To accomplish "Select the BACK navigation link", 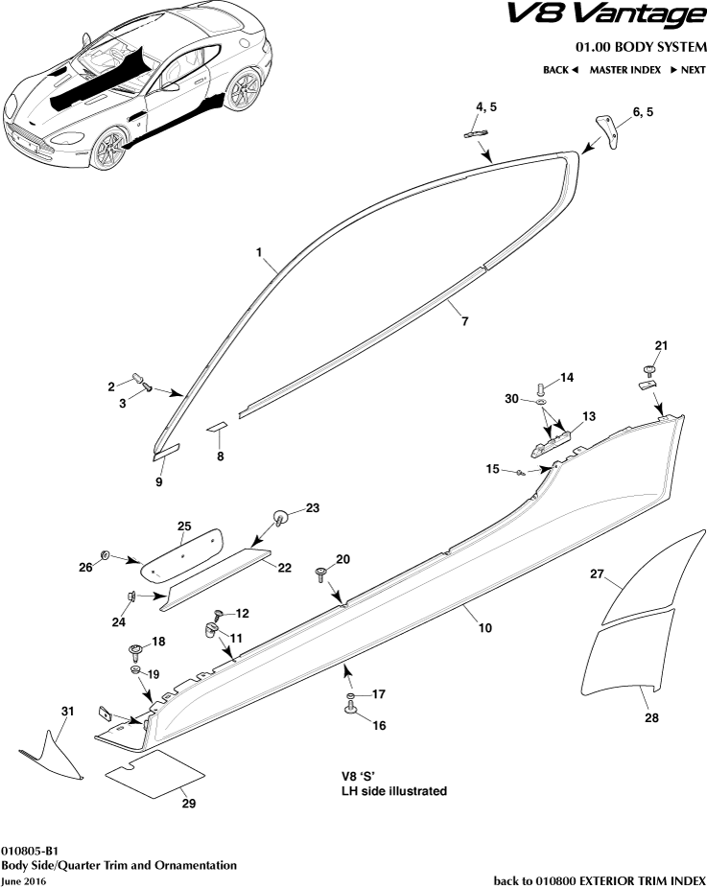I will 560,70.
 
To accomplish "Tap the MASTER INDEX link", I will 623,70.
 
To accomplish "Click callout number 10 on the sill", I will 485,628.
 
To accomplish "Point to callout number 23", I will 312,507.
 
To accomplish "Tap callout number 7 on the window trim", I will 464,322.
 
